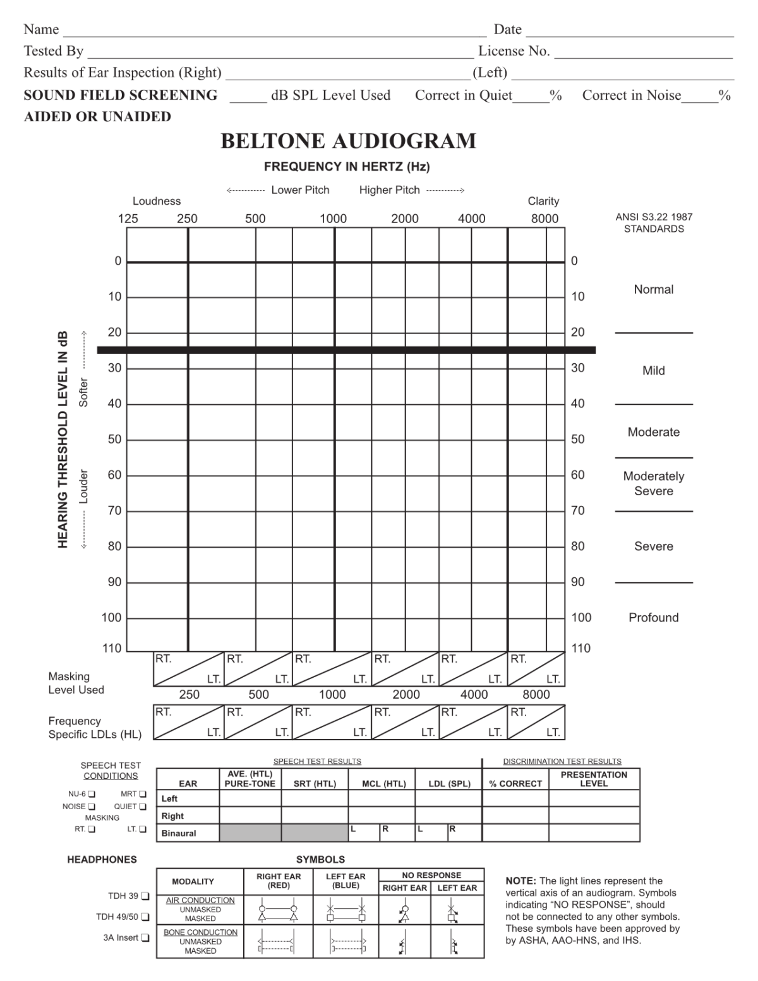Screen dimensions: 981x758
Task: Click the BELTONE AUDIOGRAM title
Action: coord(348,141)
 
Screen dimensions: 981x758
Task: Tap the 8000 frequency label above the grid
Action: coord(544,219)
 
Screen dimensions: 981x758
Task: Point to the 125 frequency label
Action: coord(128,219)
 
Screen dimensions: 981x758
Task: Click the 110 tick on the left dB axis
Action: coord(111,648)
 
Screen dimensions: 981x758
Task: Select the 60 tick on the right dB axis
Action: coord(578,475)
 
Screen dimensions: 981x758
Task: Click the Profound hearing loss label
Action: coord(653,618)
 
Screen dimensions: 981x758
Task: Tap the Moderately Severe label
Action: coord(653,484)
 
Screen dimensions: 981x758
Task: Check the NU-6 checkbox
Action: coord(92,794)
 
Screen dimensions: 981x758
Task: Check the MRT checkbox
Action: coord(143,794)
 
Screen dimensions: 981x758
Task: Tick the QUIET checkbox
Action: coord(143,807)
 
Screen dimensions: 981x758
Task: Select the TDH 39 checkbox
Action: coord(145,896)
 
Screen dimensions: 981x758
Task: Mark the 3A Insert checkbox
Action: coord(145,938)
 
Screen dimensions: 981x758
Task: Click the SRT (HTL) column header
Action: coord(315,784)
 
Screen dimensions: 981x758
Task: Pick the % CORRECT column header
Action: coord(515,784)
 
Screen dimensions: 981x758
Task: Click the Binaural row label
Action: coord(179,833)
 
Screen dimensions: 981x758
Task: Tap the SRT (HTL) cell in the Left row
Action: coord(315,798)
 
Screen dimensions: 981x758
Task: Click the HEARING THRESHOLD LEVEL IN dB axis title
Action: coord(63,439)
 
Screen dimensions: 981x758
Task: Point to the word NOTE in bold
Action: coord(521,881)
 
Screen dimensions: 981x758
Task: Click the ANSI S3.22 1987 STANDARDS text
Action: coord(654,222)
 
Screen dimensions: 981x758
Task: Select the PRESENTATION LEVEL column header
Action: coord(594,779)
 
